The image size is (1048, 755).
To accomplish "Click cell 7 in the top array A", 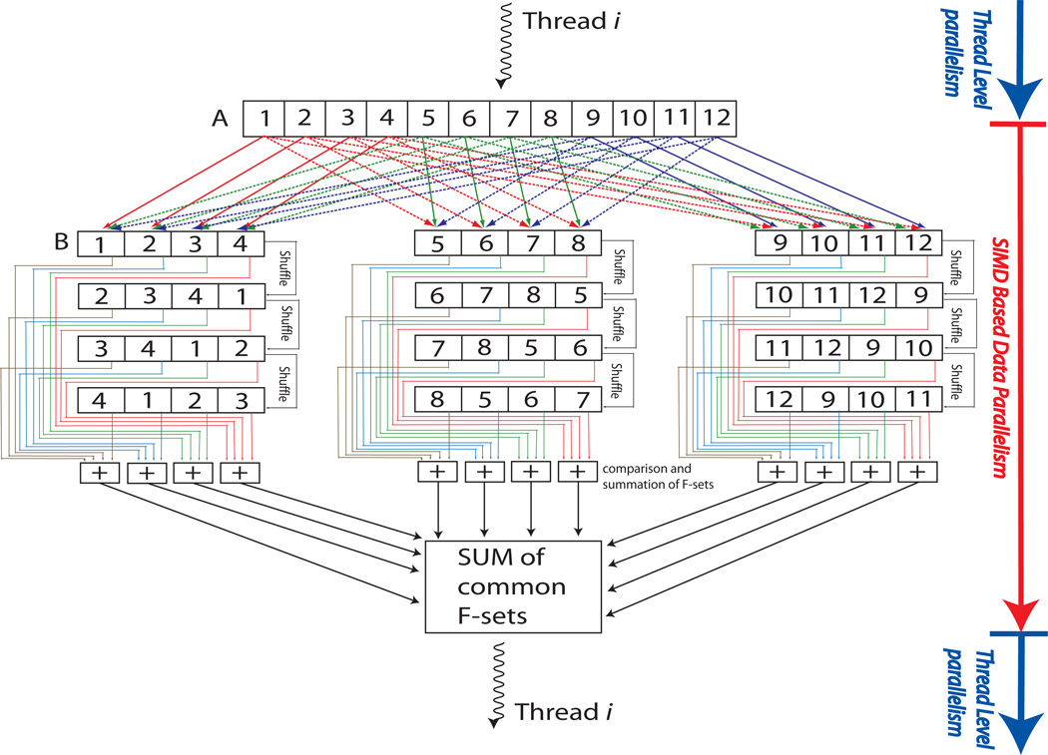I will (x=509, y=119).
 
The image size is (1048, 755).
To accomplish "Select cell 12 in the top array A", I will (x=715, y=119).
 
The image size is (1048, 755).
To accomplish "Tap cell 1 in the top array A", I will (x=265, y=119).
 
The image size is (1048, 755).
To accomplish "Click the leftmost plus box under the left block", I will (x=99, y=472).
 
